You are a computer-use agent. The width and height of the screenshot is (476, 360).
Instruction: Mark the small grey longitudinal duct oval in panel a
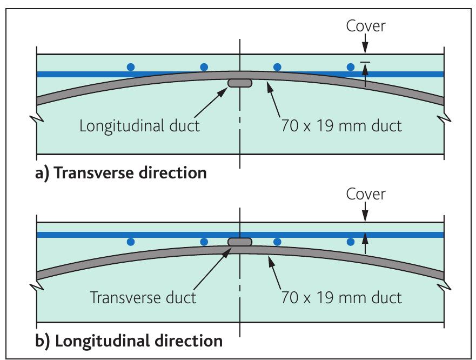(x=239, y=83)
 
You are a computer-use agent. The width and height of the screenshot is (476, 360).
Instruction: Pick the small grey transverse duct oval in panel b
(x=239, y=242)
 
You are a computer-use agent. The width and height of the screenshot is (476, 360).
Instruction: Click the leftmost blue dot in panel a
(x=131, y=67)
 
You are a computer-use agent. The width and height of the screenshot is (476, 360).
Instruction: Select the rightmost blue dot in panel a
(x=351, y=67)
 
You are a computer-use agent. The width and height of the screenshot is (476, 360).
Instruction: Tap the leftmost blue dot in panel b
(x=131, y=242)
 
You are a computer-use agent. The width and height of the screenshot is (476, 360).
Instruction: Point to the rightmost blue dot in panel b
(x=351, y=242)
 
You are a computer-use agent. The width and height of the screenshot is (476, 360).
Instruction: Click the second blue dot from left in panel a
(x=204, y=67)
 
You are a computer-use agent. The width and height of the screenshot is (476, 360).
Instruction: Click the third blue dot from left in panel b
(x=277, y=242)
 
